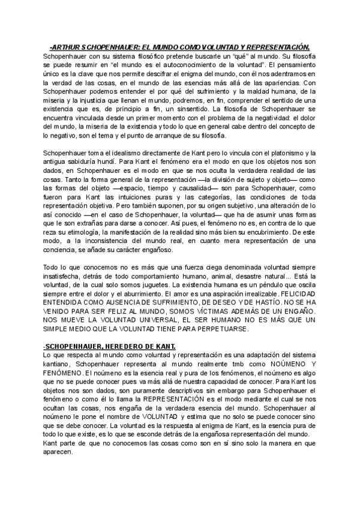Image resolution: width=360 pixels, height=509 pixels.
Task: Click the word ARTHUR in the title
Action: point(67,47)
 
